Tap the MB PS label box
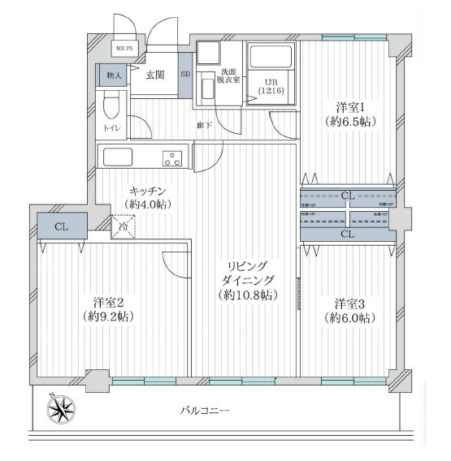coord(125,49)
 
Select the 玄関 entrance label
coord(155,75)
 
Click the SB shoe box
coord(185,75)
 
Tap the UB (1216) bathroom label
coord(272,86)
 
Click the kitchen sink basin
coord(116,156)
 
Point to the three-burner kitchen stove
coord(172,157)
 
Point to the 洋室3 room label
coord(350,304)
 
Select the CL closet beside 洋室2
coord(60,226)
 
